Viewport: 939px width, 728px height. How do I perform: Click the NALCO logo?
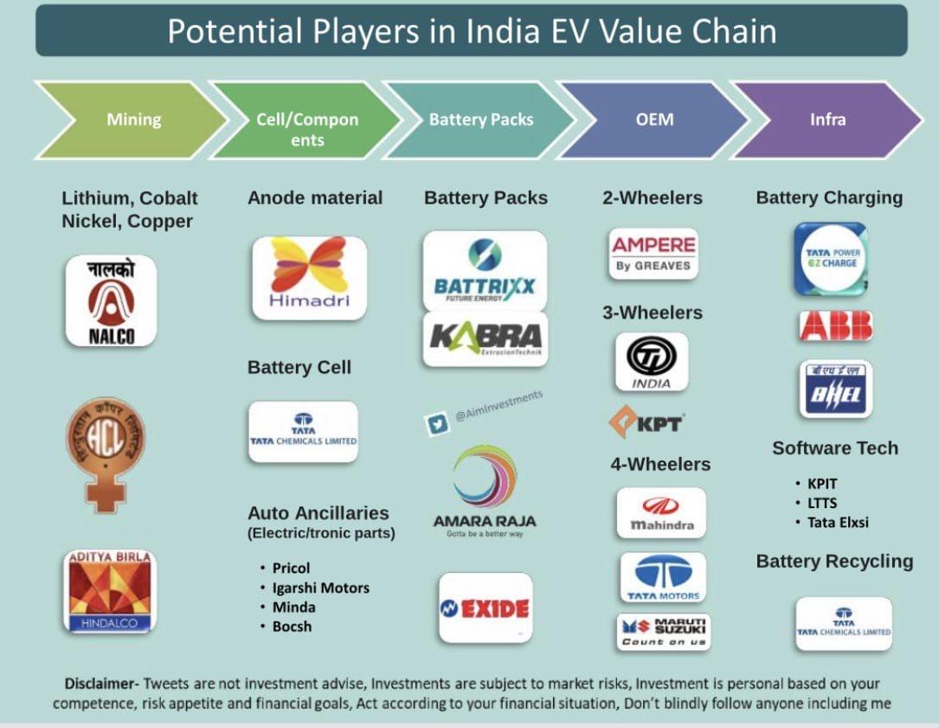tap(111, 300)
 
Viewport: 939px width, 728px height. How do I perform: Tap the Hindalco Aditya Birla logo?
tap(110, 589)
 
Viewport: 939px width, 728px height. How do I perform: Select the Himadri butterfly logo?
tap(309, 277)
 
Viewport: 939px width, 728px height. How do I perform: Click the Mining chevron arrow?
tap(130, 119)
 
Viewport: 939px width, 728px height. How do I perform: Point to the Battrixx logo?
tap(485, 269)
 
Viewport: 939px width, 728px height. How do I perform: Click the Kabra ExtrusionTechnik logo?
tap(485, 338)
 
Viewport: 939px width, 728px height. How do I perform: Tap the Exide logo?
tap(485, 608)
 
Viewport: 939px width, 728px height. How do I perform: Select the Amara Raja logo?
tap(485, 490)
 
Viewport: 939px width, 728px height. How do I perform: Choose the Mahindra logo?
tap(660, 512)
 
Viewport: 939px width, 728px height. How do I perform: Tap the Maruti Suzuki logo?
tap(664, 631)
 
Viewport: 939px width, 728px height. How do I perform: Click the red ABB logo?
tap(835, 325)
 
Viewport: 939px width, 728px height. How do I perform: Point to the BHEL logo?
tap(835, 389)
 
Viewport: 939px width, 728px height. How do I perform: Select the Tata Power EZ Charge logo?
tap(831, 258)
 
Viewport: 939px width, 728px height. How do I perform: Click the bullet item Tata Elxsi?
tap(837, 522)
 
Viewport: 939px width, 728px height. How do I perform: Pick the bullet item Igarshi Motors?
tap(320, 588)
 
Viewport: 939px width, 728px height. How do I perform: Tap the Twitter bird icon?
tap(435, 424)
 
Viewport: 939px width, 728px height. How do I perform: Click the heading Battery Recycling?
tap(834, 561)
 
